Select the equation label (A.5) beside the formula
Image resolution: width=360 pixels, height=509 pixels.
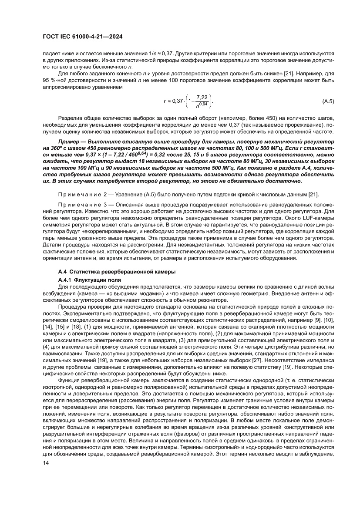coord(328,101)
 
